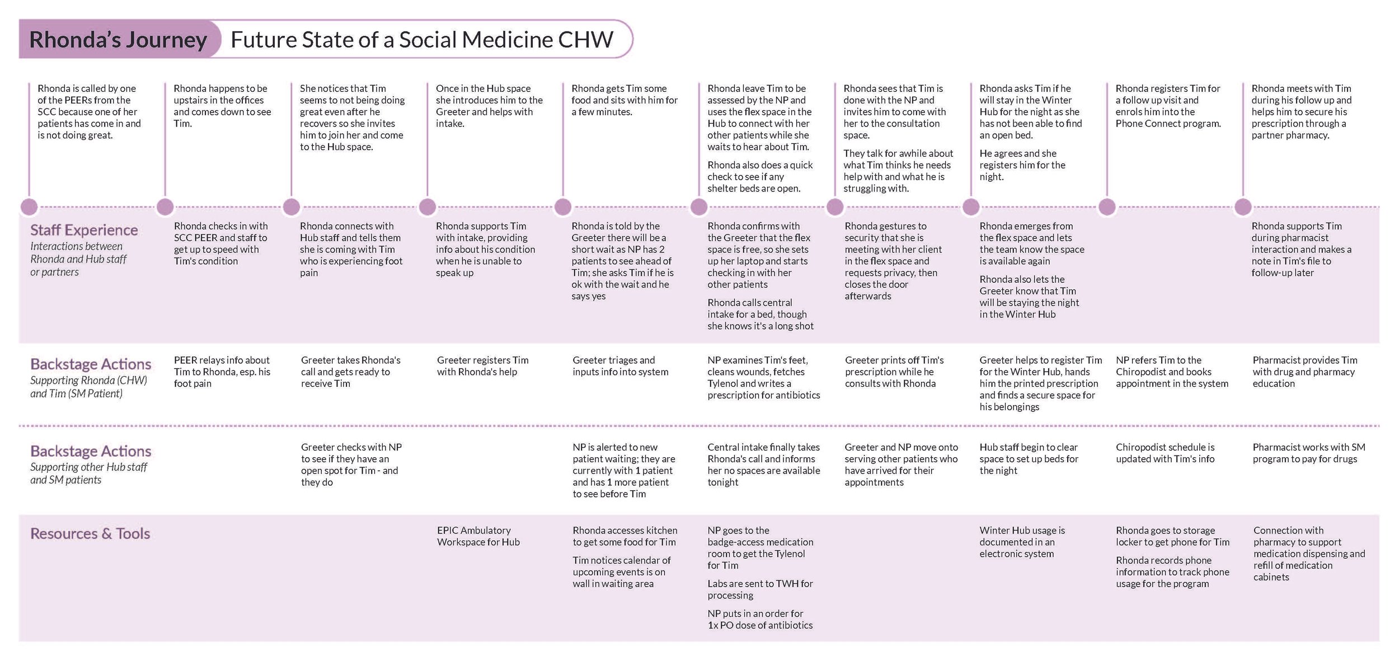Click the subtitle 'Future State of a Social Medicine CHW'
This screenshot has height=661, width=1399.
coord(422,39)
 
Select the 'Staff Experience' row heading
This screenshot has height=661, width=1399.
coord(84,230)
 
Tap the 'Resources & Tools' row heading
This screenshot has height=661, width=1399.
coord(90,533)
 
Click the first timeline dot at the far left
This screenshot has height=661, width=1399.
coord(29,207)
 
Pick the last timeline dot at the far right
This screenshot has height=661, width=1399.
coord(1243,207)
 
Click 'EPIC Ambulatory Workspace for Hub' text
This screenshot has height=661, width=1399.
coord(478,536)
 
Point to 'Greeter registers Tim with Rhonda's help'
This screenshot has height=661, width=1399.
coord(483,366)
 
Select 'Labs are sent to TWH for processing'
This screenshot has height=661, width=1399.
coord(760,589)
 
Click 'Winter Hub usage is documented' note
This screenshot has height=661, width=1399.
coord(1022,542)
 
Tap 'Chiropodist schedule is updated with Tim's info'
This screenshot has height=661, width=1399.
coord(1165,453)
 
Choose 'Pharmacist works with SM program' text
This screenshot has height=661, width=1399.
coord(1309,453)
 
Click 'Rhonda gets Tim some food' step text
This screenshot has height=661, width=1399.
coord(625,100)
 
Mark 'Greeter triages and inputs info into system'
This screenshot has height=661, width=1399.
coord(621,366)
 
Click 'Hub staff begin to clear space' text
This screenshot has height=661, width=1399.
coord(1029,458)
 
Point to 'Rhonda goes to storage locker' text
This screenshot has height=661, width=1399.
coord(1173,536)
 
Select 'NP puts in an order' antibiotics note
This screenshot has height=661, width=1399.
coord(760,619)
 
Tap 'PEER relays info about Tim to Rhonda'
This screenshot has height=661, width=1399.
coord(222,372)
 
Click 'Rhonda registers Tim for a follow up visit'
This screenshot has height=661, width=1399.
coord(1168,106)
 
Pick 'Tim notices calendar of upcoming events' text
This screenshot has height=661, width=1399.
coord(622,571)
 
